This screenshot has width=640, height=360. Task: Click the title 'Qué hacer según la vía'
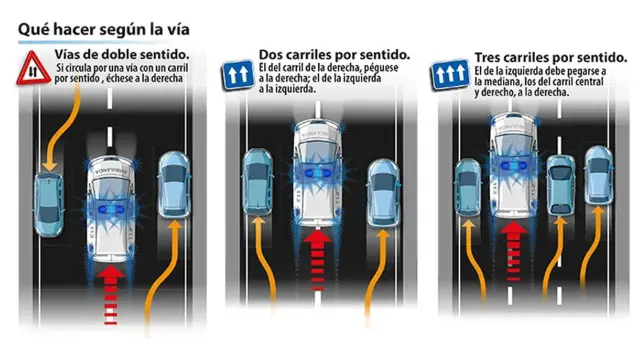pyautogui.click(x=104, y=30)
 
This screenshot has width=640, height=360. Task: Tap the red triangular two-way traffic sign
pyautogui.click(x=33, y=69)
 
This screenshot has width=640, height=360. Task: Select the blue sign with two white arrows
pyautogui.click(x=237, y=75)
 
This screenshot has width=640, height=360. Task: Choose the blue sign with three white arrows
pyautogui.click(x=450, y=74)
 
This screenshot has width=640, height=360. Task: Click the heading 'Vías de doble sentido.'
pyautogui.click(x=122, y=54)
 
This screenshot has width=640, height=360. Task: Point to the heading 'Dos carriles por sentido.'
pyautogui.click(x=334, y=54)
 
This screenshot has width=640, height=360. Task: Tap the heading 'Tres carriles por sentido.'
pyautogui.click(x=551, y=58)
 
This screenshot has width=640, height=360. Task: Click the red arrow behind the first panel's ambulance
pyautogui.click(x=111, y=295)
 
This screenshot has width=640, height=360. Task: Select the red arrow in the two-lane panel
pyautogui.click(x=317, y=260)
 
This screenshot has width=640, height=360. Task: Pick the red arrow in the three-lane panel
pyautogui.click(x=513, y=251)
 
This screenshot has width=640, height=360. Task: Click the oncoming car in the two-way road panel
pyautogui.click(x=49, y=204)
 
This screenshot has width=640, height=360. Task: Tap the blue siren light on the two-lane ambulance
pyautogui.click(x=318, y=173)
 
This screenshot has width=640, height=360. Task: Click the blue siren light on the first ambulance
pyautogui.click(x=111, y=209)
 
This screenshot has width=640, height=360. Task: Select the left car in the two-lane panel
pyautogui.click(x=258, y=182)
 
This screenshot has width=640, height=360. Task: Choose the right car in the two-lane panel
pyautogui.click(x=383, y=193)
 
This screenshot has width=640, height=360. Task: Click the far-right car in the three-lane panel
pyautogui.click(x=599, y=176)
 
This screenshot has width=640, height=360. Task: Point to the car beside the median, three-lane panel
pyautogui.click(x=468, y=188)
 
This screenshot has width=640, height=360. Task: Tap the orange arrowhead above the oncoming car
pyautogui.click(x=49, y=164)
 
